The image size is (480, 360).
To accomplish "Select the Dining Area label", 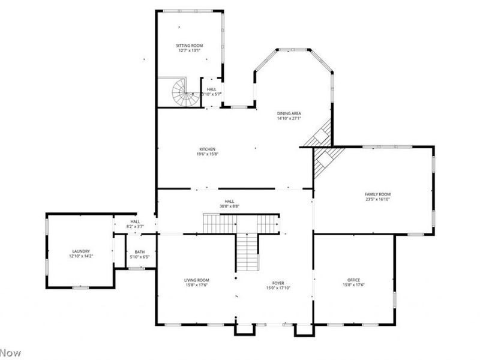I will [289, 113].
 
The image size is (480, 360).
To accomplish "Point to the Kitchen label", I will [208, 149].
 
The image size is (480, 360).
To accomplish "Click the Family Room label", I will [378, 194].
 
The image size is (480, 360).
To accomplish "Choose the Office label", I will [354, 280].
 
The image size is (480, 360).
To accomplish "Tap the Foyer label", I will [278, 283].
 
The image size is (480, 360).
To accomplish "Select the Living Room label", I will [196, 280].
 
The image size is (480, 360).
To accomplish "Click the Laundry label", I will [81, 251].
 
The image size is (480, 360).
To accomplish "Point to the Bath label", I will [140, 252].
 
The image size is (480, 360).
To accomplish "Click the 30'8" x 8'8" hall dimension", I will [229, 207].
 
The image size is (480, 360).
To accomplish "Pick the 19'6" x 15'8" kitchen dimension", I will [208, 155].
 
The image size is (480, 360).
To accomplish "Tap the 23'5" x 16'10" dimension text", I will [378, 200].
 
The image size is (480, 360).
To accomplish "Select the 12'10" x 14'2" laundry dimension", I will [81, 257].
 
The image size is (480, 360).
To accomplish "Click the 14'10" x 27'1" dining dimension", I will [289, 119].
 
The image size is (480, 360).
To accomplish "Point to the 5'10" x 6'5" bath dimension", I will [140, 257].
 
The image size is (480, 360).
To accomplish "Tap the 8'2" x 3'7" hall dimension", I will [135, 227].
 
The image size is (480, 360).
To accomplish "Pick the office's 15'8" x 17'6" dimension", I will [354, 285].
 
